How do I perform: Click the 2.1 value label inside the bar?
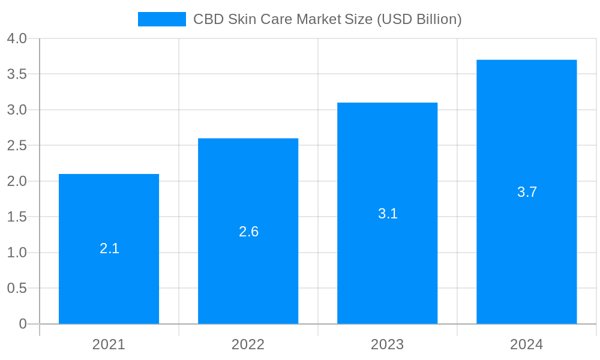click(109, 248)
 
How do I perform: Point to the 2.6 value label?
click(248, 232)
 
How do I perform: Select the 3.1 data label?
click(388, 214)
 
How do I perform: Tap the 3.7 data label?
click(527, 192)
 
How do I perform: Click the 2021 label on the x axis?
click(109, 344)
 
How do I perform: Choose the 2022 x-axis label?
click(248, 344)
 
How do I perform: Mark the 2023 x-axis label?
click(387, 344)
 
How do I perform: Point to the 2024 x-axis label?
click(526, 344)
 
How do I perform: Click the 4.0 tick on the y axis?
click(17, 38)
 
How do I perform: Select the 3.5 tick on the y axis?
click(17, 74)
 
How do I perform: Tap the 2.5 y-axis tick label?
click(17, 146)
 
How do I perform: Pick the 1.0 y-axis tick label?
click(17, 253)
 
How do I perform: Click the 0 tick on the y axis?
click(23, 324)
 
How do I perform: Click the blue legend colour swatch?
click(161, 19)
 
